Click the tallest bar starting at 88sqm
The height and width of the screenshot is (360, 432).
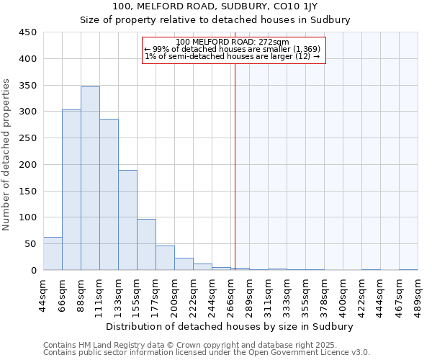90,179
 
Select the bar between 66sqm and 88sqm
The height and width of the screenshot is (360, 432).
71,190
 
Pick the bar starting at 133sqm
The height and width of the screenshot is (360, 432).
127,220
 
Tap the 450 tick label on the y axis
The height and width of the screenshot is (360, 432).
27,32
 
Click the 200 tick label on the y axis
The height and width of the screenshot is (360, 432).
27,165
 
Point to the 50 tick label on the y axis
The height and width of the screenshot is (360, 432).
30,244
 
